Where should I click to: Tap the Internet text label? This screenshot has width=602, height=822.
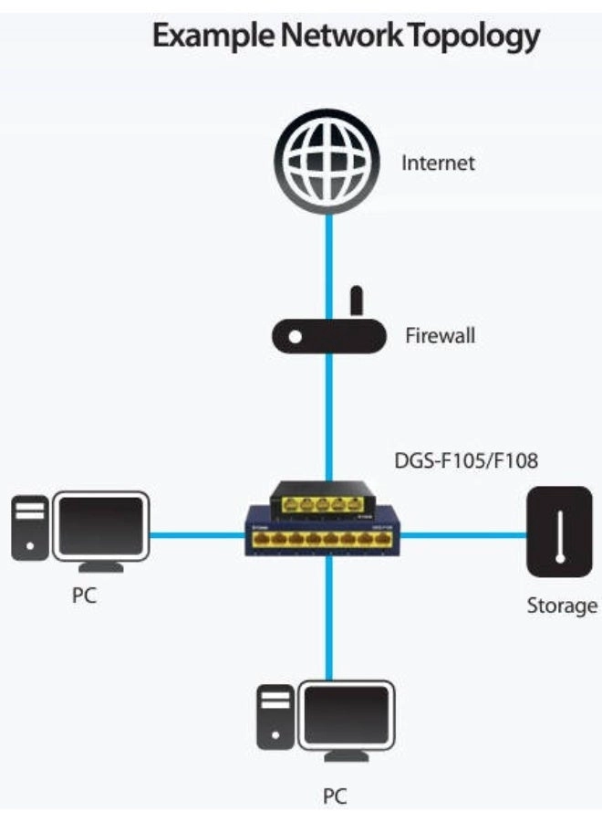[x=439, y=164]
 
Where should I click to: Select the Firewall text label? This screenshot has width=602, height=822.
[x=441, y=336]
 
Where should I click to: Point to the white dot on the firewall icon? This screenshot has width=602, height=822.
[x=295, y=337]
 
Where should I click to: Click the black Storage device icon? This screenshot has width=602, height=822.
[x=559, y=532]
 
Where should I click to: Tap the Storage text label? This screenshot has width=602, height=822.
[x=562, y=606]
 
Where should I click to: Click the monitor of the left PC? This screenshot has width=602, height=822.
[x=101, y=525]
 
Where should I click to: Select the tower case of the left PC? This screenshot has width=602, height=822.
[x=29, y=527]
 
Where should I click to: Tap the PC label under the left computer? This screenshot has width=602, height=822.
[x=84, y=598]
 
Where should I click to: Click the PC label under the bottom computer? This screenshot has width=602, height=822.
[x=335, y=796]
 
